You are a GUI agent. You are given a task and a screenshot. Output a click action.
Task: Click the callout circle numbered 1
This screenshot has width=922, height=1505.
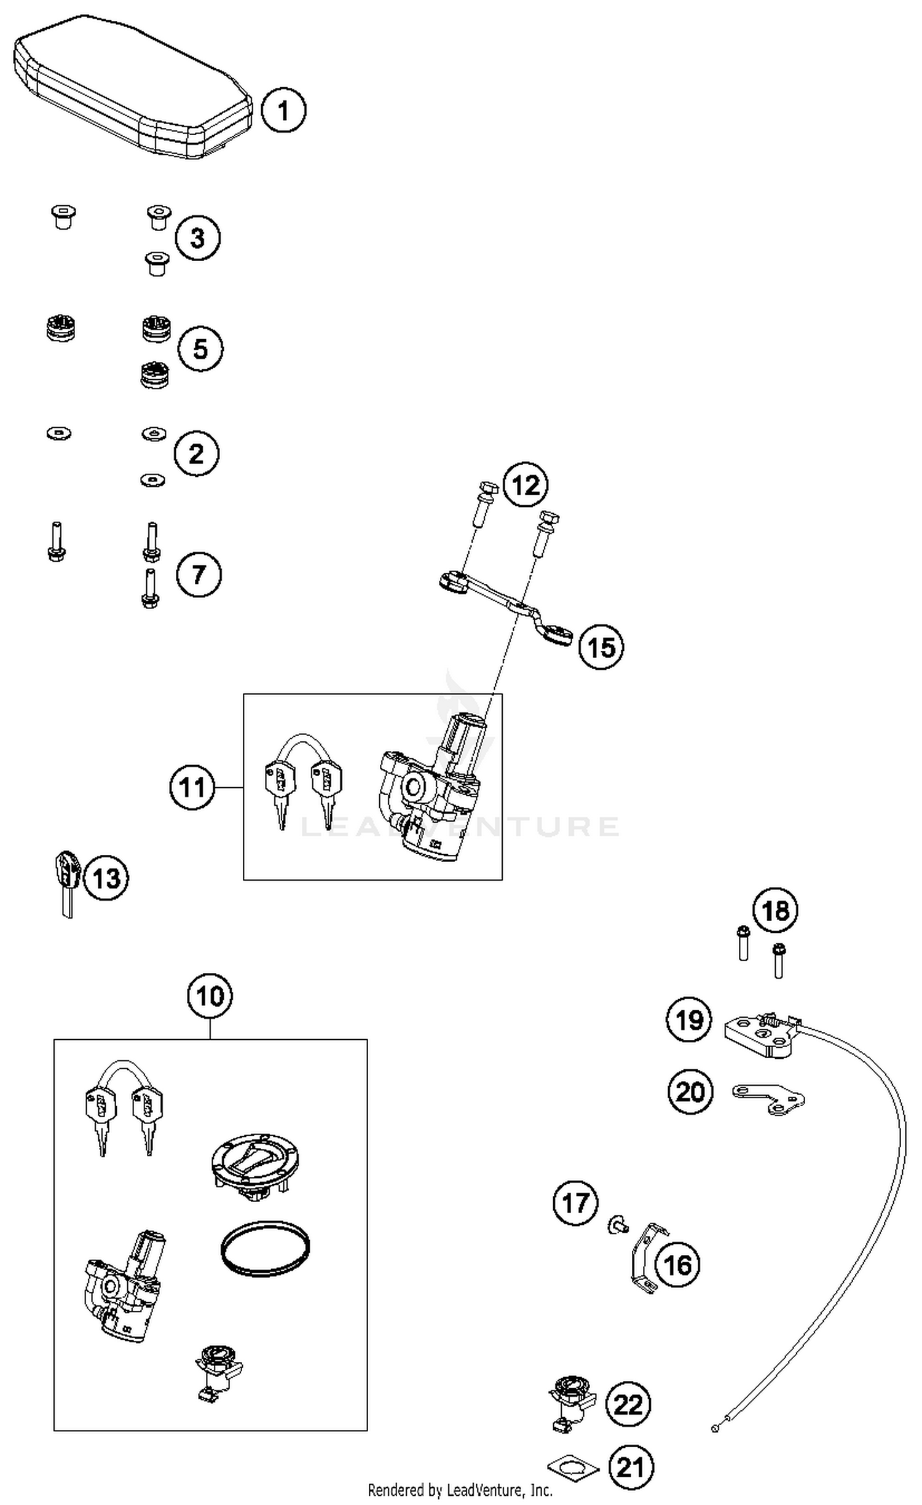[x=283, y=111]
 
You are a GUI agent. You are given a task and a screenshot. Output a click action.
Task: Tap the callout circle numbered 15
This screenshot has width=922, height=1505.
[x=601, y=646]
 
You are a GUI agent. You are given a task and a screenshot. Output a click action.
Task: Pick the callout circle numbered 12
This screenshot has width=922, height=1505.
[x=526, y=485]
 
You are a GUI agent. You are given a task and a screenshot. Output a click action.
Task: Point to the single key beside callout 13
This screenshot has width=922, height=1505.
[x=66, y=881]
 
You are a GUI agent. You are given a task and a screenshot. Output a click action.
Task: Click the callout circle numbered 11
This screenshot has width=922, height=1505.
[x=192, y=787]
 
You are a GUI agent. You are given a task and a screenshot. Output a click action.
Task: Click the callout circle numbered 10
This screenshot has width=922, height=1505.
[x=210, y=996]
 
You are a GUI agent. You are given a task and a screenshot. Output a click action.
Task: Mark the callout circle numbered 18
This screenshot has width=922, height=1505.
[x=775, y=910]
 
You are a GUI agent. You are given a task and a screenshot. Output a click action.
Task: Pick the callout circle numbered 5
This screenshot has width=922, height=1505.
[x=200, y=348]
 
